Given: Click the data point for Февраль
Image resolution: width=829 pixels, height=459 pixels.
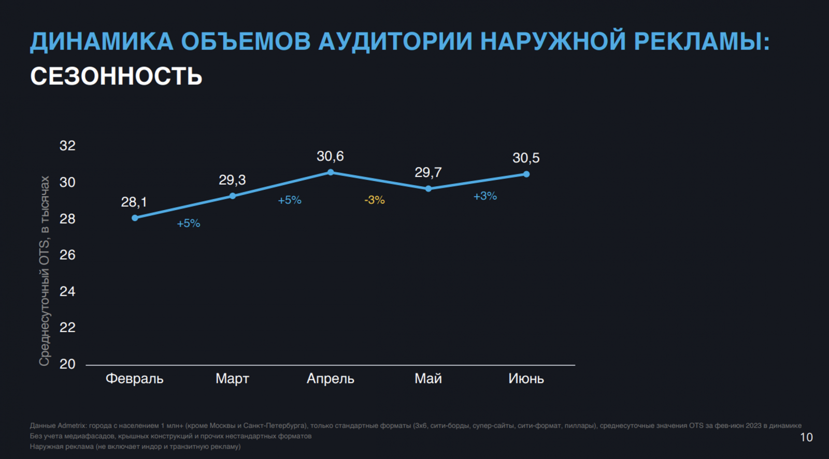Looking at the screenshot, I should coord(135,218).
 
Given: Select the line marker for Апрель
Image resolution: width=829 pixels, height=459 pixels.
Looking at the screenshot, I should coord(331,172).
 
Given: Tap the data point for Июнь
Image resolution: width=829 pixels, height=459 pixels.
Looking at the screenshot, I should coord(526,174).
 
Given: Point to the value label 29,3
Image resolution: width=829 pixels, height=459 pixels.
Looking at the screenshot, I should coord(232,180).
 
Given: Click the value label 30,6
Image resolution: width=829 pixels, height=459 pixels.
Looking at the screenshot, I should coord(330,156).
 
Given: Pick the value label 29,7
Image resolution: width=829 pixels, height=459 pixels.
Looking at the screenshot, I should coord(428,172).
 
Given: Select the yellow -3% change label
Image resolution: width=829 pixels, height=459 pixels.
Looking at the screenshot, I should coord(374,200).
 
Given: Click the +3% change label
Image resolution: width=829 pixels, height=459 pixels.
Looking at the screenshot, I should coord(485,196).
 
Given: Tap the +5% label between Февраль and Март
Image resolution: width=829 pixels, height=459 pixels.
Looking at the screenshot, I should coord(188,224).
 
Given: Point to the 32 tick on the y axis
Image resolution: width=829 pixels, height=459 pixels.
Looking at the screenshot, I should coord(67,146).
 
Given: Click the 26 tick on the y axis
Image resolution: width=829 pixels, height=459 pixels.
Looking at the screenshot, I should coord(67,255).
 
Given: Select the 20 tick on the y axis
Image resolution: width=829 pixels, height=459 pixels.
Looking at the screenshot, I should coord(67,364).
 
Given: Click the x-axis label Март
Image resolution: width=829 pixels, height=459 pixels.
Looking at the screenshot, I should coord(232,379).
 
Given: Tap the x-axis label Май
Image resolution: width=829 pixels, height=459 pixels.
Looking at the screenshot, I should coord(428,379).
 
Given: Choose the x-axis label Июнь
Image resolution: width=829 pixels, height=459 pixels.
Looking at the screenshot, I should coord(526,379).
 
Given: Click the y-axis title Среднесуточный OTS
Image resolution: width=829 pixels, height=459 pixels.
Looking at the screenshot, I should coord(45,271).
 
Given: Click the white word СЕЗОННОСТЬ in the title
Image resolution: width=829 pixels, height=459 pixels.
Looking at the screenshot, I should coord(116,77).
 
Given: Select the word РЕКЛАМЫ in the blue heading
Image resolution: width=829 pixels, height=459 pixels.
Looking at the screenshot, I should coord(702,42).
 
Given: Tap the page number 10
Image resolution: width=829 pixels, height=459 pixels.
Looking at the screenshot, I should coord(806,437).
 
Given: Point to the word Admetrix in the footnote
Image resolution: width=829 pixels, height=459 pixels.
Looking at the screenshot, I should coord(72,426).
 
